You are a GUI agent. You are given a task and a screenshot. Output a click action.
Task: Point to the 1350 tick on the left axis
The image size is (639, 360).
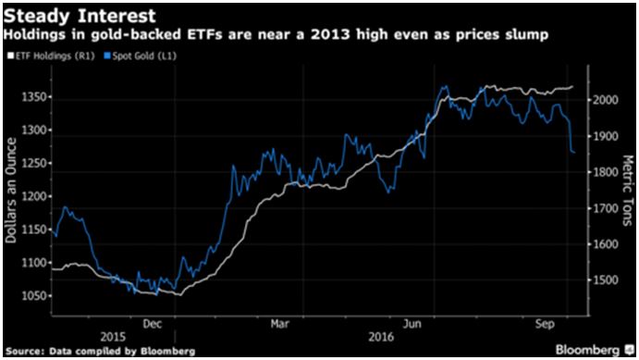(35, 96)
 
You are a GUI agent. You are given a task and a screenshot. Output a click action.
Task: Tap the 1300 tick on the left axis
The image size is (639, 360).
(35, 130)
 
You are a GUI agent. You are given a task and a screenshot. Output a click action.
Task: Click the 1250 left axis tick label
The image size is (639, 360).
(35, 163)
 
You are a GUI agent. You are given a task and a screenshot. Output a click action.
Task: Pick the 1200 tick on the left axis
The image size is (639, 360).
(35, 196)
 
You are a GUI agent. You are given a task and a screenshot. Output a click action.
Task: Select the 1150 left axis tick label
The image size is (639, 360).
(35, 230)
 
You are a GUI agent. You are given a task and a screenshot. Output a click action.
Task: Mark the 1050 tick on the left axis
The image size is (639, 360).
(35, 295)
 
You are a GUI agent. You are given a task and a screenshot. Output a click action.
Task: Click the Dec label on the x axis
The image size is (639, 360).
(154, 326)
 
